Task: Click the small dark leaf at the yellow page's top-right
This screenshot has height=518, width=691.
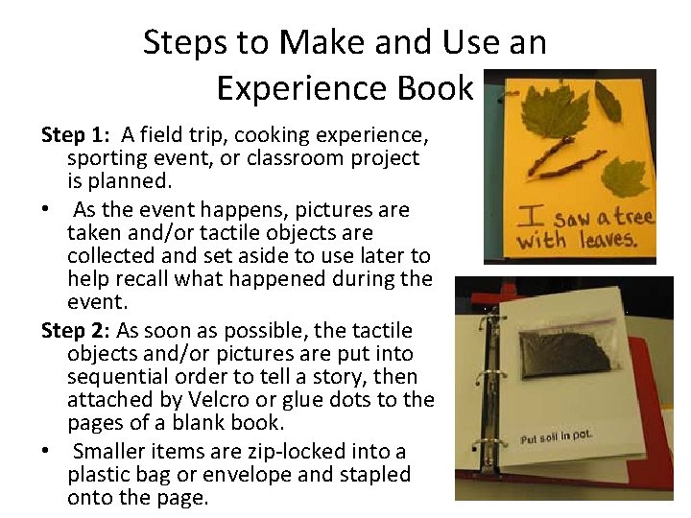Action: click(608, 100)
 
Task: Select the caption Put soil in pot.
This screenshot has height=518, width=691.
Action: click(557, 436)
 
